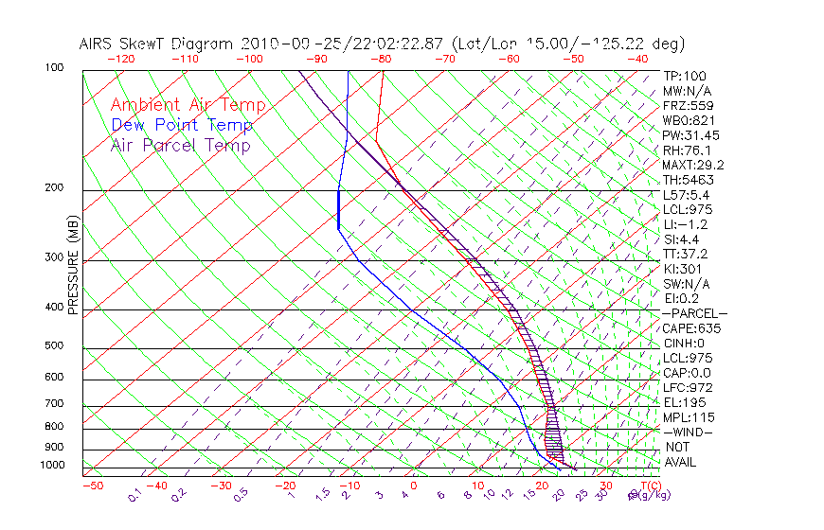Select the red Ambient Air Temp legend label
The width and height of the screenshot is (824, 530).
click(188, 105)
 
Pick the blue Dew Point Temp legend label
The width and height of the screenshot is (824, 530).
click(181, 125)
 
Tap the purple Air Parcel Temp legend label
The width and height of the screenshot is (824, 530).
click(180, 145)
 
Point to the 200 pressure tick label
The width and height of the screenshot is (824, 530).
click(54, 188)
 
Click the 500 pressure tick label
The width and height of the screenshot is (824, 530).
click(54, 346)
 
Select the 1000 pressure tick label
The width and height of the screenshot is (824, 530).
click(51, 466)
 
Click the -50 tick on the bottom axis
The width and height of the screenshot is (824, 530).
click(93, 486)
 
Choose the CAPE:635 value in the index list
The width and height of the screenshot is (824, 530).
click(687, 328)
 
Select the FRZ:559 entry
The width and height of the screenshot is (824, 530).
click(683, 105)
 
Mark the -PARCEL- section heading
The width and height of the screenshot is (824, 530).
click(694, 313)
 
